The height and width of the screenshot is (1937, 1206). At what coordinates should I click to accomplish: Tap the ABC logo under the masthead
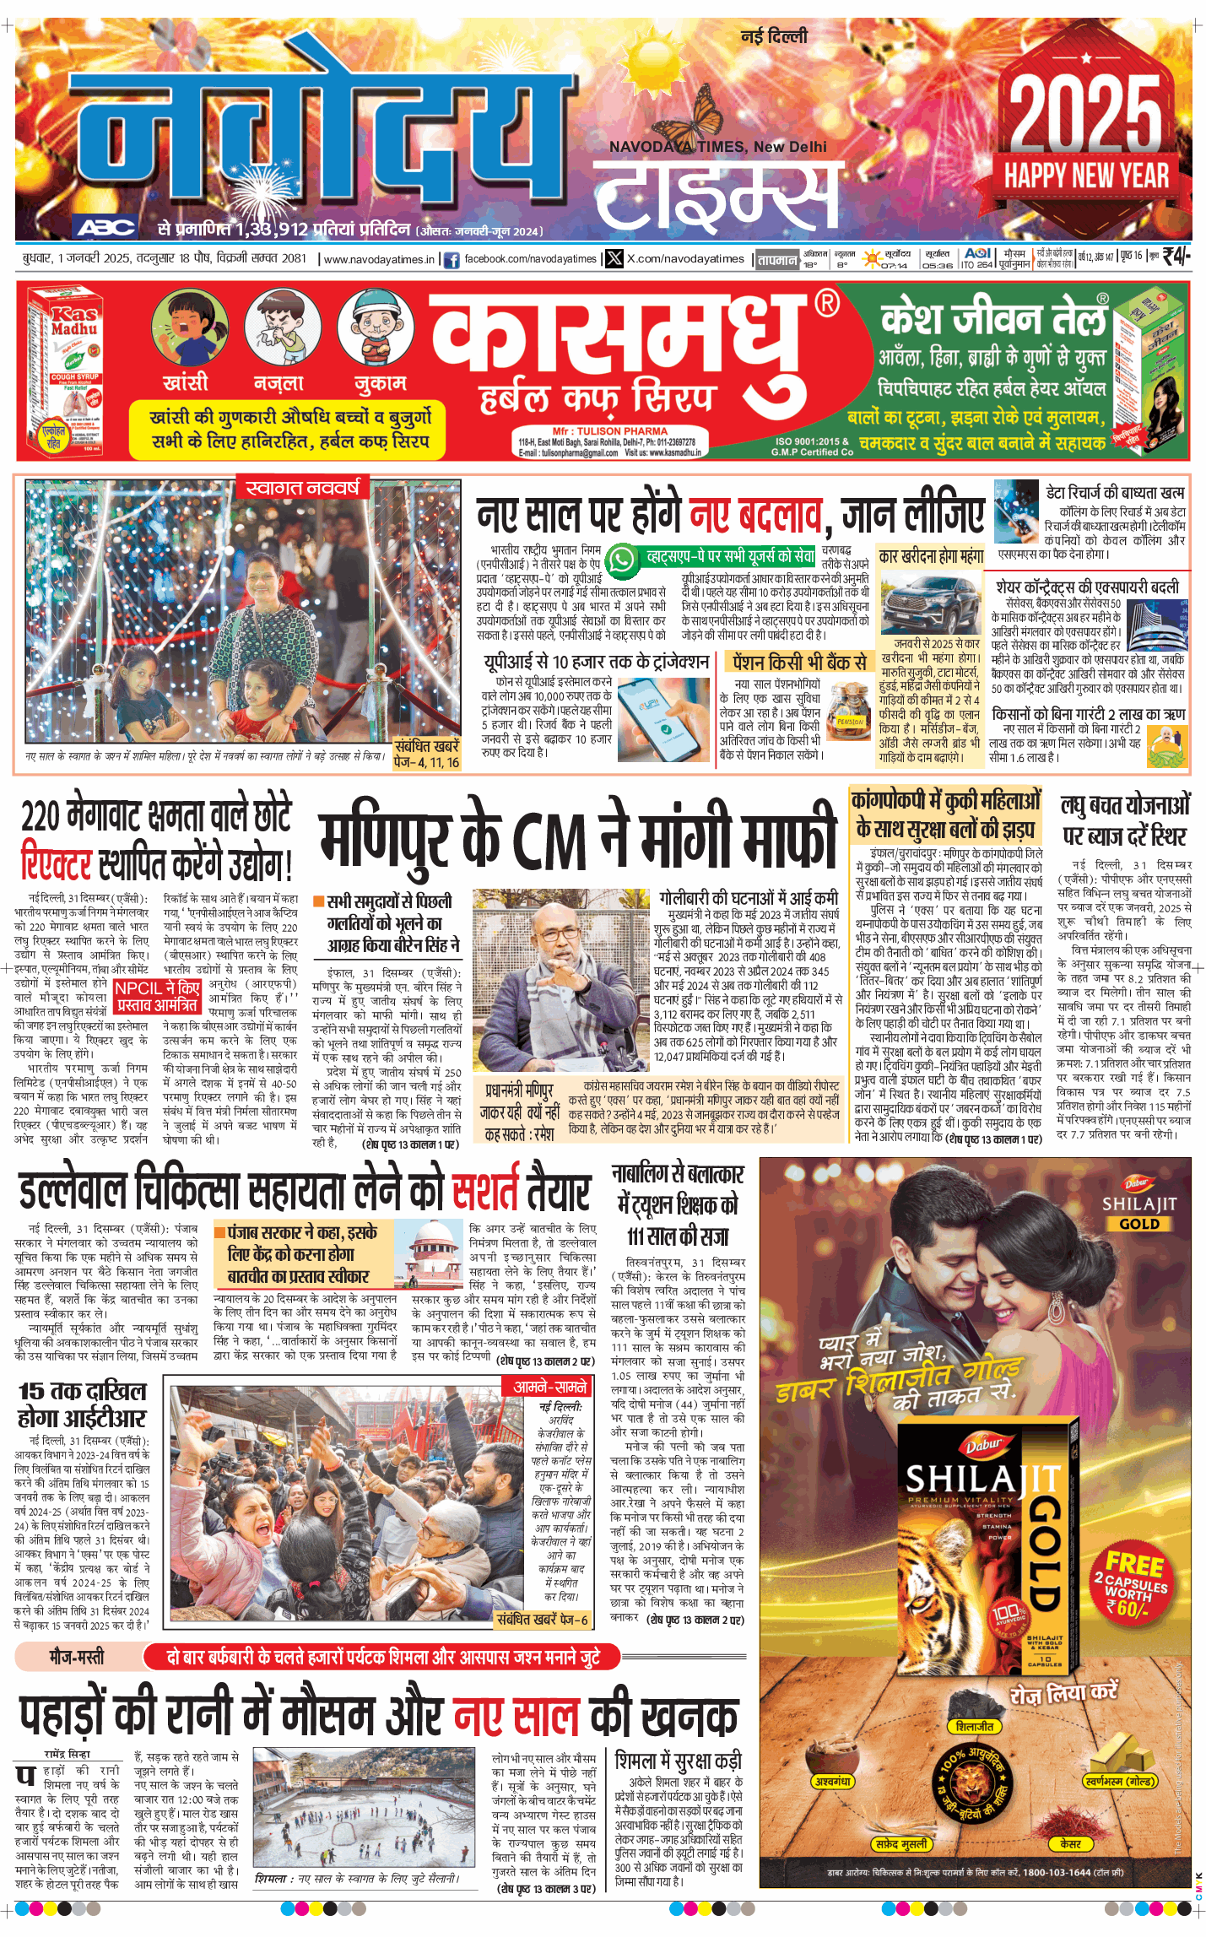106,226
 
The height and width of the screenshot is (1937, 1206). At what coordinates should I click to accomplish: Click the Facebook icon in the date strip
452,260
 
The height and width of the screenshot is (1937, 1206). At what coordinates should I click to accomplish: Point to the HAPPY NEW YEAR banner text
1086,176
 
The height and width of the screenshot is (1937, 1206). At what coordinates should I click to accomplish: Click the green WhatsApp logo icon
622,560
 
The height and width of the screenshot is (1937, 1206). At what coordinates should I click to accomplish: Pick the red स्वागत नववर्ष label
302,488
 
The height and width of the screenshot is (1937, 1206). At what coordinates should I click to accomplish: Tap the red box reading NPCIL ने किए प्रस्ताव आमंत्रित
158,997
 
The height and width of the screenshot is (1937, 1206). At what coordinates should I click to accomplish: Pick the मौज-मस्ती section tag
78,1657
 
